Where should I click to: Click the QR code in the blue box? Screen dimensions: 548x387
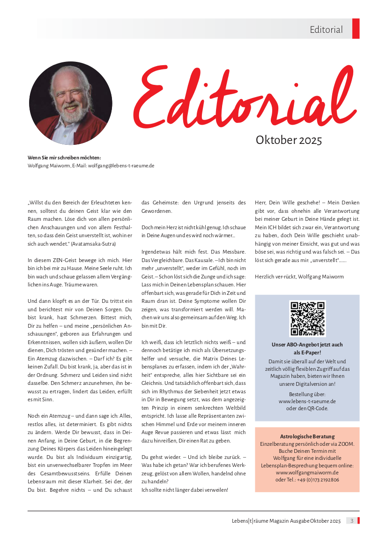(x=307, y=319)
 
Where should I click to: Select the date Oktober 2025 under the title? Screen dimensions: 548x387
(x=289, y=140)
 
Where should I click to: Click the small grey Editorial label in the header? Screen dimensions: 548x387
(x=326, y=30)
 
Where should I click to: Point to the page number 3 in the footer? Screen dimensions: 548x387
(x=351, y=521)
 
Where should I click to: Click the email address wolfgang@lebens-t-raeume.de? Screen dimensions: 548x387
(x=121, y=165)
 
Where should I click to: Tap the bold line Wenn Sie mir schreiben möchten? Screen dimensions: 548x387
(x=65, y=158)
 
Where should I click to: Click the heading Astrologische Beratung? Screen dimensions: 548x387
(x=307, y=436)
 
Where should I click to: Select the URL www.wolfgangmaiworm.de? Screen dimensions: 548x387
(x=307, y=473)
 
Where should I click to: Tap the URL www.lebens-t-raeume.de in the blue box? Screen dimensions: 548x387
(x=307, y=401)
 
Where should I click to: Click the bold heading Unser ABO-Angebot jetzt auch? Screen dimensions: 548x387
(x=307, y=345)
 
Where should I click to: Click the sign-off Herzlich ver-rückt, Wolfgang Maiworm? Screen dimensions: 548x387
(x=299, y=277)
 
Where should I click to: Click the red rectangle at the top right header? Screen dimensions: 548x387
(x=356, y=29)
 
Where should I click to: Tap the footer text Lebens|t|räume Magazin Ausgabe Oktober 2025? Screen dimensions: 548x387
(x=286, y=521)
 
